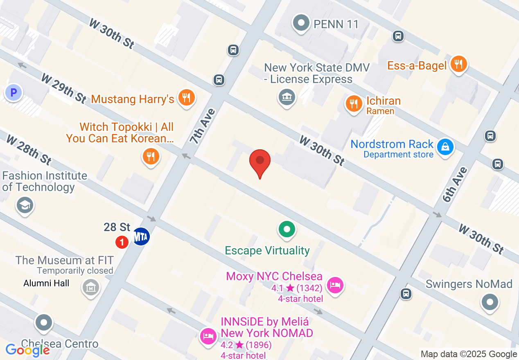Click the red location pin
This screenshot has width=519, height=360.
(x=260, y=162)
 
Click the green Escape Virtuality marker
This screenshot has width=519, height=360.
(x=287, y=229)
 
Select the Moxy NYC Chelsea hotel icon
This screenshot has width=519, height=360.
(x=335, y=285)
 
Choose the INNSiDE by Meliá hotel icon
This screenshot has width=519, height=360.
(x=208, y=336)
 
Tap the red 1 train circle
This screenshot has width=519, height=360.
(x=122, y=242)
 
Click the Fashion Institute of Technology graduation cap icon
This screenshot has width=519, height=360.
(x=25, y=205)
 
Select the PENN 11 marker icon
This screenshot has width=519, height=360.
(x=302, y=23)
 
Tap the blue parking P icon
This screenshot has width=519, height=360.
(x=13, y=93)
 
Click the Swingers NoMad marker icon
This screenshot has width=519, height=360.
(x=490, y=303)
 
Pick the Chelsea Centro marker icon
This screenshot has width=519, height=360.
(x=44, y=323)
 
